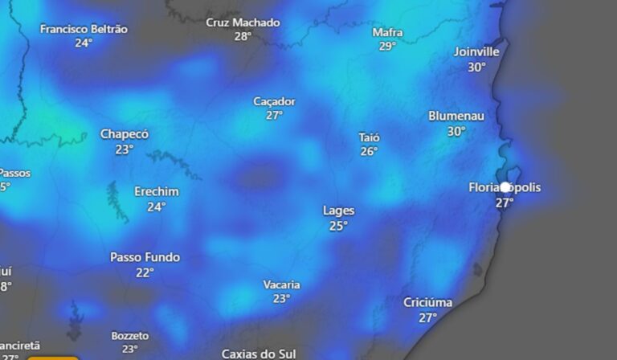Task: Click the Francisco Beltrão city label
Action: pos(84,29)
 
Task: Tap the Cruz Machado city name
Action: pos(243,22)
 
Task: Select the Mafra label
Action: pos(388,33)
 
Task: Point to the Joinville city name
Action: pos(476,51)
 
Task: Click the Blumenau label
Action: pos(456,116)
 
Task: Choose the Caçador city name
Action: pos(274,101)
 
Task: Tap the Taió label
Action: pos(369,137)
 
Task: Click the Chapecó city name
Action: pos(125,134)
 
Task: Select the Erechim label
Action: pos(156,192)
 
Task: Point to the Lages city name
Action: pos(338,211)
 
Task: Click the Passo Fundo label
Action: pos(145,258)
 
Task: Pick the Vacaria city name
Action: pos(281,284)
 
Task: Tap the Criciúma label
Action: pos(427,303)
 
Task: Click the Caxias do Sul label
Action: pos(259,354)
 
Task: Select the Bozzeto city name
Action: pos(130,335)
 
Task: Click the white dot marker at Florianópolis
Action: pos(505,187)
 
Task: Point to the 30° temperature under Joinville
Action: pos(476,67)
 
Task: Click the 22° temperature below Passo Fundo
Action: pos(145,273)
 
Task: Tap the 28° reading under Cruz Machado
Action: pos(243,37)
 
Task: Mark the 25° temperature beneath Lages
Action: pos(338,227)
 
